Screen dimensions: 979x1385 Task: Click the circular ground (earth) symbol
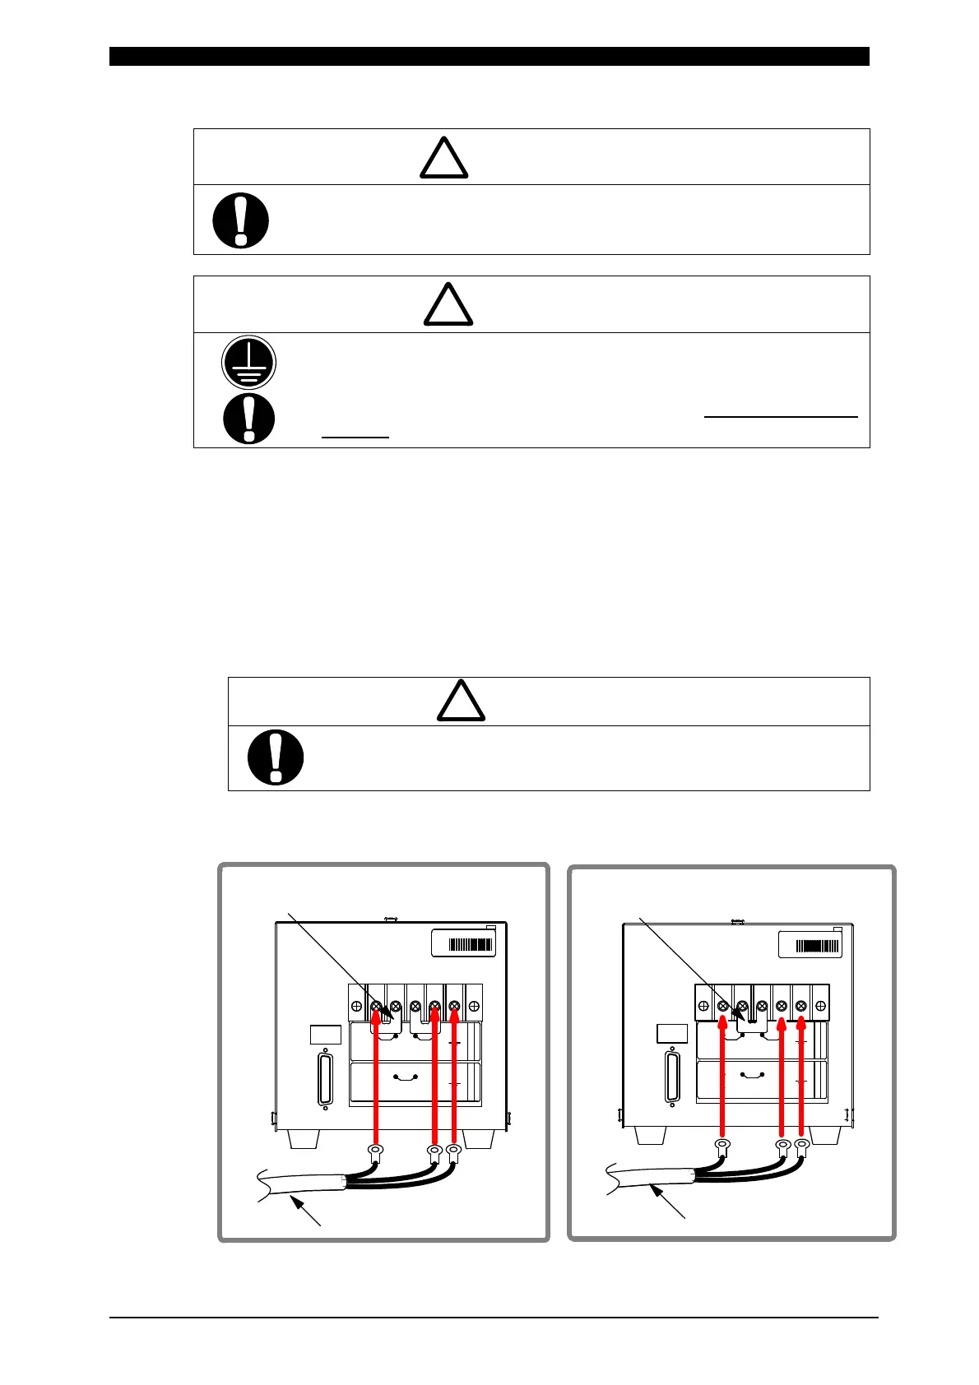click(248, 363)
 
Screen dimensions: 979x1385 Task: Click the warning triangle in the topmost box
click(444, 158)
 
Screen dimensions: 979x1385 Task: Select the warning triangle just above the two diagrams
click(460, 701)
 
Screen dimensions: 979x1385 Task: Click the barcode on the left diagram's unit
click(471, 945)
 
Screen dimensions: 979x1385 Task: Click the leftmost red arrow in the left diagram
click(376, 1077)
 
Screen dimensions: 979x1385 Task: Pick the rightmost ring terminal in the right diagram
click(801, 1144)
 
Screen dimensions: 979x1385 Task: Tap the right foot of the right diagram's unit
click(825, 1135)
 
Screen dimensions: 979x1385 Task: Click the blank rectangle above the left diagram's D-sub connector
click(326, 1035)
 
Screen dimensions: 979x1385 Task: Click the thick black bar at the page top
click(489, 56)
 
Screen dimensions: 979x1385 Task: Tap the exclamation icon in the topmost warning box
click(240, 220)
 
